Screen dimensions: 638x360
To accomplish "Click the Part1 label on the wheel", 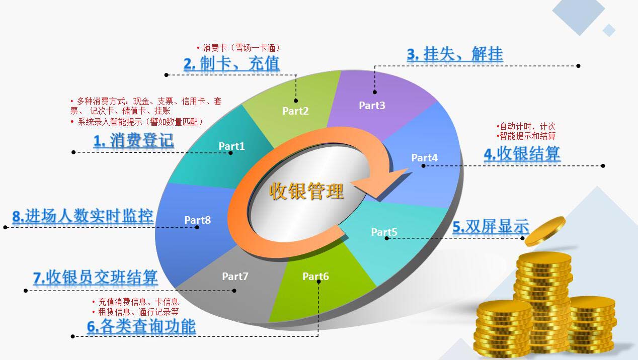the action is point(231,146).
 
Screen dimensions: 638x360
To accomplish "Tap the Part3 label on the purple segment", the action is point(372,105).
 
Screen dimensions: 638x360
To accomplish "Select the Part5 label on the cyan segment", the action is point(384,232).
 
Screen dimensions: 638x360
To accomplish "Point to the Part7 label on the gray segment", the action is point(235,276).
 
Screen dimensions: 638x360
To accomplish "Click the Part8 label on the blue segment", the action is point(198,220).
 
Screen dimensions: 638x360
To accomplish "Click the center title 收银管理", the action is point(306,191).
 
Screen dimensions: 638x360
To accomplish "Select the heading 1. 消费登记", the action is point(133,141).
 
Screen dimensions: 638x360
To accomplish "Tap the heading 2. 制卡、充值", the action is point(231,63).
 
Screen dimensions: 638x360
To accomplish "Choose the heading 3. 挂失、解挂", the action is point(455,54).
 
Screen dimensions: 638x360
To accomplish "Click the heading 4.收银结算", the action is point(522,154).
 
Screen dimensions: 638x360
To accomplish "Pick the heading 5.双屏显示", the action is point(491,227).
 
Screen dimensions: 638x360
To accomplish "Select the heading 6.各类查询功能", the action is point(141,326).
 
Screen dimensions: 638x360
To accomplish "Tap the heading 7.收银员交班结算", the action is point(95,277).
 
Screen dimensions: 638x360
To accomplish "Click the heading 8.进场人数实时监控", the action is point(83,216).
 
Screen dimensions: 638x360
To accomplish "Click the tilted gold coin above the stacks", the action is point(545,231).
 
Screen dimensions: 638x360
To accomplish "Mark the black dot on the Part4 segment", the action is point(423,165).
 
